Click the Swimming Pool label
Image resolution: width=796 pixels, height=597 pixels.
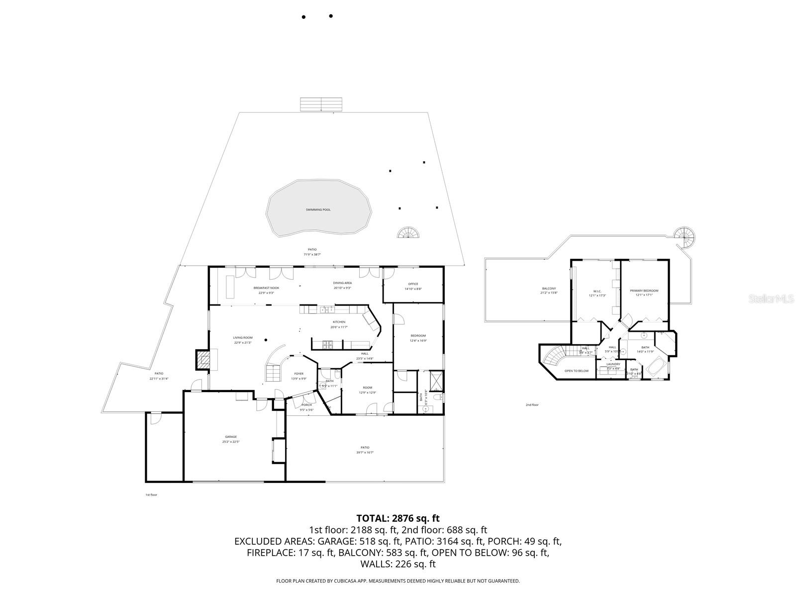tap(318, 210)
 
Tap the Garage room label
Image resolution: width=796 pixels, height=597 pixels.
tap(230, 437)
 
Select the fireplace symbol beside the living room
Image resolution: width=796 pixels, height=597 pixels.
tap(202, 359)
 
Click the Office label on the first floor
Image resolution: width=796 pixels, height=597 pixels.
tap(413, 284)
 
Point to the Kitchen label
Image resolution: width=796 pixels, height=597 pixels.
tap(339, 322)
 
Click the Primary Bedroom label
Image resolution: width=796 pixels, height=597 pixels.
tap(644, 291)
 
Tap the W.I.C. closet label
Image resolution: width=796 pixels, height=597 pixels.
tap(597, 291)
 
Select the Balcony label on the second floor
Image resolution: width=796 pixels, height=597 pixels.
tap(549, 289)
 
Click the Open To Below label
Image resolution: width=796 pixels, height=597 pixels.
tap(577, 371)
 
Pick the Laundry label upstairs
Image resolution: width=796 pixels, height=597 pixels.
tap(613, 364)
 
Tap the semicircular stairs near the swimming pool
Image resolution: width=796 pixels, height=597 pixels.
tap(408, 233)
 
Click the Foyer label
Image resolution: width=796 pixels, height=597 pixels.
tap(298, 374)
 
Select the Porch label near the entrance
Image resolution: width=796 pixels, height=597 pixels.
tap(306, 405)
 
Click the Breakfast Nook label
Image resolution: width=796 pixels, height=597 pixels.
tap(266, 288)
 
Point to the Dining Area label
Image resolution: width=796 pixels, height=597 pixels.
tap(342, 283)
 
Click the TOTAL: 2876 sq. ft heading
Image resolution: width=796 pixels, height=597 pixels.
tap(398, 518)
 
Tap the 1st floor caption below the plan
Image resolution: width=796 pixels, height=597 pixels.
tap(151, 495)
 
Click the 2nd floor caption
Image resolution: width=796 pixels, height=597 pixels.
tap(532, 405)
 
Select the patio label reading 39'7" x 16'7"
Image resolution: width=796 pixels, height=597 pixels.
tap(365, 448)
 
